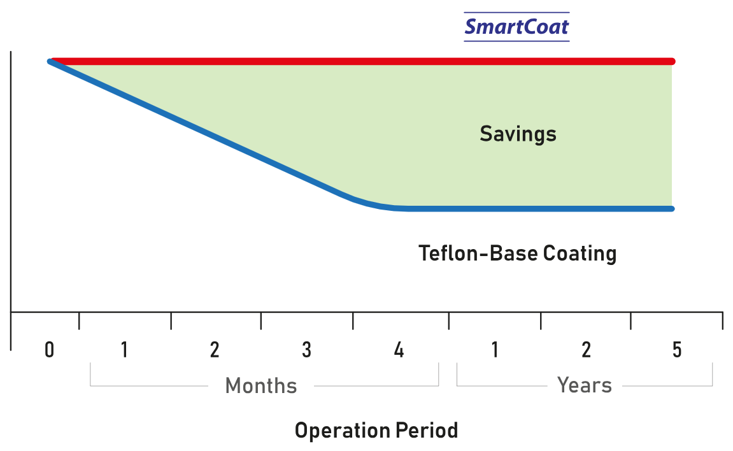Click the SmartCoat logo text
click(x=516, y=27)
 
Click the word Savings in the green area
click(x=518, y=134)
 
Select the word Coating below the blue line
click(x=580, y=254)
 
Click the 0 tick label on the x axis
click(x=50, y=350)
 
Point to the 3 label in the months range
click(x=306, y=350)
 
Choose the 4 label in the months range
click(x=399, y=350)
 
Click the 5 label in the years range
click(x=676, y=350)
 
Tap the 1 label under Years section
click(x=494, y=350)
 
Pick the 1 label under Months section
click(x=124, y=350)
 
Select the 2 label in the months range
click(x=215, y=350)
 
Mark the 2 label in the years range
click(x=586, y=350)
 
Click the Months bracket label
click(x=261, y=385)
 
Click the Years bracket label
click(x=584, y=385)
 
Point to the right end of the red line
click(x=671, y=61)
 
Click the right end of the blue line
click(x=671, y=208)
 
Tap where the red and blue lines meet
click(x=50, y=61)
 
